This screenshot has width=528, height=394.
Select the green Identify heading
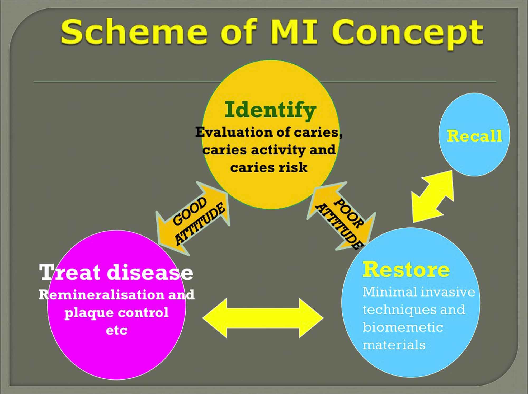point(270,110)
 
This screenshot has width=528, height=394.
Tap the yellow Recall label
point(474,136)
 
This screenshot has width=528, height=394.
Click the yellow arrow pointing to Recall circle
point(432,196)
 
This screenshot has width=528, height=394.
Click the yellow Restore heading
point(406,270)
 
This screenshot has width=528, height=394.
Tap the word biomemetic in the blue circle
point(403,328)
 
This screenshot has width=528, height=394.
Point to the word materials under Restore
point(394,345)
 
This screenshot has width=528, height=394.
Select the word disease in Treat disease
point(150,272)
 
